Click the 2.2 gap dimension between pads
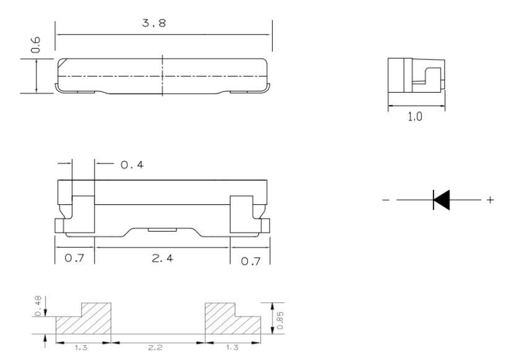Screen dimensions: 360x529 pos(158,348)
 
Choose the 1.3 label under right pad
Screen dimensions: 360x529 pos(232,348)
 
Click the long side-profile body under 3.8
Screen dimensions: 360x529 pos(162,75)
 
